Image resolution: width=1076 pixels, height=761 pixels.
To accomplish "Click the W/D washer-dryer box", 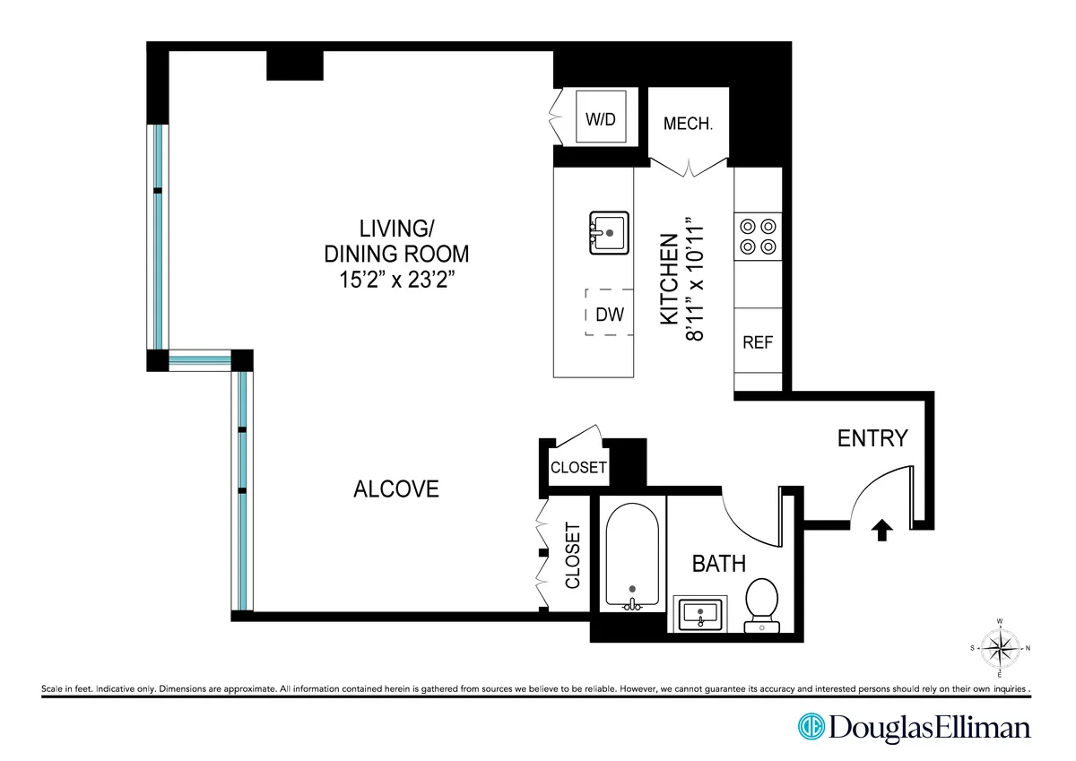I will point(601,118).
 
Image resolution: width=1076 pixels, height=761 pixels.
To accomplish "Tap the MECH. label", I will point(688,124).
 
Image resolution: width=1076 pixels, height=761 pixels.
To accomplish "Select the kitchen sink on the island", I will point(609,233).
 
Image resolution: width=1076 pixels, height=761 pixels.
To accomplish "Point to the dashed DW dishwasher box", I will point(609,313).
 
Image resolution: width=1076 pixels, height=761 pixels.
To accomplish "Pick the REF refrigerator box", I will point(757,342).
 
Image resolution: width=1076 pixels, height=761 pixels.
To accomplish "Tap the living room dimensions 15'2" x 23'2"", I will point(396,279).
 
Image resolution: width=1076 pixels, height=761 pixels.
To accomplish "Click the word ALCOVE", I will point(396,489).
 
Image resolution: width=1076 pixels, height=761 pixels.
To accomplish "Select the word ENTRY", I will point(872,438).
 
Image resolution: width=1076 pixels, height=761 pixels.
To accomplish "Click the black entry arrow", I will point(881,532).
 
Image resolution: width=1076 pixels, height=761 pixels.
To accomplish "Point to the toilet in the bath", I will point(762,602).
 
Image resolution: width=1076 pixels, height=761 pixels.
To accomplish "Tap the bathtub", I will point(633,556).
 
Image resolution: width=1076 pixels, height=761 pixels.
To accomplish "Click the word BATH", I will point(718,564).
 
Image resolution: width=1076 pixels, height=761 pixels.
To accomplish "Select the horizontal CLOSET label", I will point(578,468).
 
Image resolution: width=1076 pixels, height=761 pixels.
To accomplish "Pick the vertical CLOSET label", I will point(573,556).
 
